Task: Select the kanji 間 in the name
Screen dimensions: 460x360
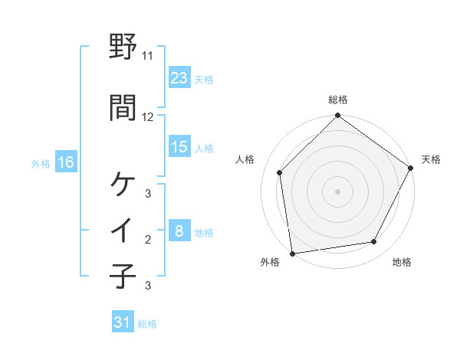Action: point(123,108)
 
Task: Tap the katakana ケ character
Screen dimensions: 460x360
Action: point(123,184)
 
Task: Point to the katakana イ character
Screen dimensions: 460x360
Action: point(123,231)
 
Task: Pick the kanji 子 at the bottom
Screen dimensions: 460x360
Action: point(123,276)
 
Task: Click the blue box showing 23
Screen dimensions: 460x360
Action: point(179,78)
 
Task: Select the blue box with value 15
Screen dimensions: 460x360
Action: point(179,147)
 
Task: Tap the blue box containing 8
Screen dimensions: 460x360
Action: point(179,231)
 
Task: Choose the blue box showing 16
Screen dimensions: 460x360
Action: point(65,162)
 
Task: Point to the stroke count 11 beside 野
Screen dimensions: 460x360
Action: point(148,56)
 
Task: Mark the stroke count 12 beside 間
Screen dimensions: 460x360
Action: point(148,117)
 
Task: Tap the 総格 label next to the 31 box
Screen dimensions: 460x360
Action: point(147,324)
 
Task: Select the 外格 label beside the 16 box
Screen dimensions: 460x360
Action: point(41,163)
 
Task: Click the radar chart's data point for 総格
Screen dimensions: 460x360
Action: point(337,116)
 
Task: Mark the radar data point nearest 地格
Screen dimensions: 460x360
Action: point(374,242)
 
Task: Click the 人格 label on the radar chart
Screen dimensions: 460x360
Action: point(246,159)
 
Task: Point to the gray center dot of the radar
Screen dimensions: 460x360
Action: point(337,191)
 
